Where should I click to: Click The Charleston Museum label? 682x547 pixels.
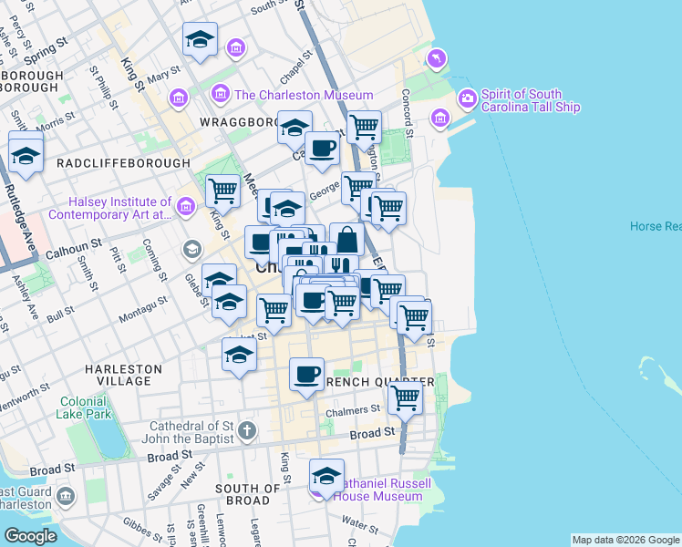click(304, 95)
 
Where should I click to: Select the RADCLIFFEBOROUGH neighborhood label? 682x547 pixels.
click(123, 163)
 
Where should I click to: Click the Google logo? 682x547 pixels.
click(30, 536)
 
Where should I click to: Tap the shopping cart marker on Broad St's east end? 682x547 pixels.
click(405, 397)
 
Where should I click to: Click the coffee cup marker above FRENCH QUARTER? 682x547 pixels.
click(306, 374)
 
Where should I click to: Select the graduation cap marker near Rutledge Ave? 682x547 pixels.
click(26, 152)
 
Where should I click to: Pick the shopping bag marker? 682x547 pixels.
click(347, 239)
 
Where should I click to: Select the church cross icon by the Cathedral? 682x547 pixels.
click(247, 429)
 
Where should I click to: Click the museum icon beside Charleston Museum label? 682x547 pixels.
click(220, 94)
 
